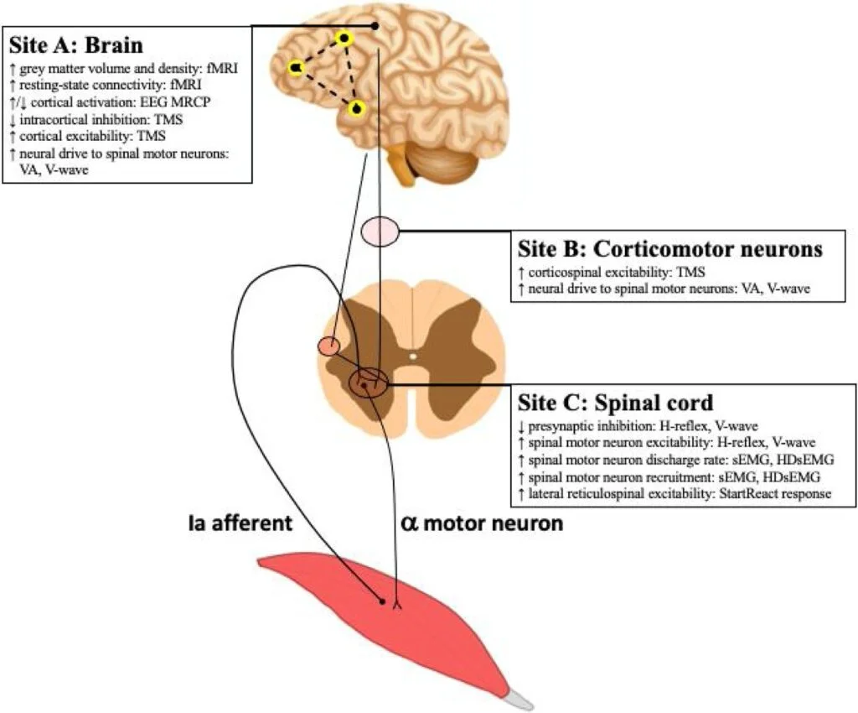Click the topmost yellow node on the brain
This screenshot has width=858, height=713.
pyautogui.click(x=344, y=39)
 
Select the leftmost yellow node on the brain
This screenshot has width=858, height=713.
pyautogui.click(x=296, y=67)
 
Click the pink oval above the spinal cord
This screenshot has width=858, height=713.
pyautogui.click(x=380, y=231)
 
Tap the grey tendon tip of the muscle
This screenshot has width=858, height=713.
pyautogui.click(x=519, y=695)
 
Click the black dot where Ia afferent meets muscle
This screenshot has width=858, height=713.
pyautogui.click(x=382, y=601)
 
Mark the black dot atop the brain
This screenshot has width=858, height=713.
pyautogui.click(x=375, y=26)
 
